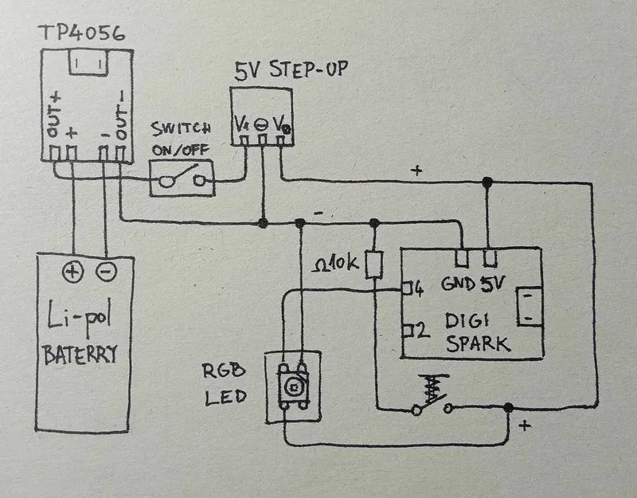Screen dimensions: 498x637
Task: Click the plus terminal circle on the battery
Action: coord(72,273)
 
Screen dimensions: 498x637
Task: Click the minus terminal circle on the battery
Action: coord(105,273)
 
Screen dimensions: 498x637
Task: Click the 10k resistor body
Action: coord(373,265)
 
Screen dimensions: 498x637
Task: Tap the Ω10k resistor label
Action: coord(335,262)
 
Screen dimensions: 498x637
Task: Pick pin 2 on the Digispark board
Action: coord(413,329)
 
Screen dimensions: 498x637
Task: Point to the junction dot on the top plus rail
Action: coord(487,183)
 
